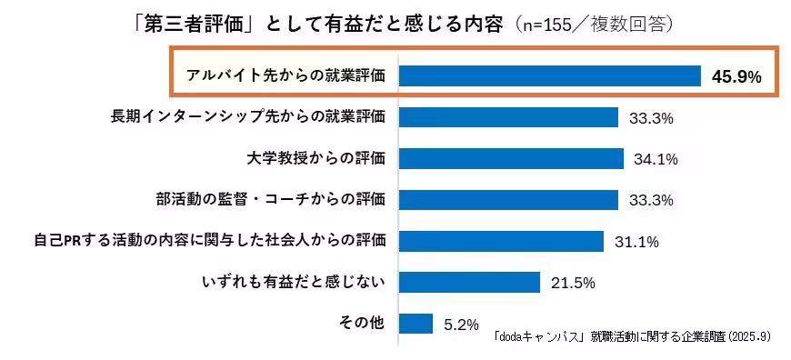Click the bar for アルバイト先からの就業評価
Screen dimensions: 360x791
pyautogui.click(x=549, y=76)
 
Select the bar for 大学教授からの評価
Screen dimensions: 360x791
pyautogui.click(x=511, y=158)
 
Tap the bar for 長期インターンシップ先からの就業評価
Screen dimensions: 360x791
pyautogui.click(x=508, y=117)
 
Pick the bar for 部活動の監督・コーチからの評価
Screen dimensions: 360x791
pyautogui.click(x=508, y=199)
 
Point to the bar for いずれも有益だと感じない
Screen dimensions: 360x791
pyautogui.click(x=469, y=282)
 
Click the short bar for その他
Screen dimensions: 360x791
pyautogui.click(x=416, y=323)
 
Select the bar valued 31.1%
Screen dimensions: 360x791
pyautogui.click(x=501, y=241)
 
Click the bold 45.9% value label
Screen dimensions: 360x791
pyautogui.click(x=736, y=77)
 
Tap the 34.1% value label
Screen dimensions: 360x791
pyautogui.click(x=656, y=159)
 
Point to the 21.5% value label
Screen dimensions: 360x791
pyautogui.click(x=573, y=283)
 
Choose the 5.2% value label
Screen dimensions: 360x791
pyautogui.click(x=461, y=324)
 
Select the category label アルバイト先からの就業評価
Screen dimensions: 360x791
pyautogui.click(x=285, y=76)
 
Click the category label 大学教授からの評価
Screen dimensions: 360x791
pyautogui.click(x=315, y=158)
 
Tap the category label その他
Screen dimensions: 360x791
pyautogui.click(x=363, y=323)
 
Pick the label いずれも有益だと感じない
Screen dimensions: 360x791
pyautogui.click(x=293, y=282)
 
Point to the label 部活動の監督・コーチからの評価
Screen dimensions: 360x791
pyautogui.click(x=271, y=199)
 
